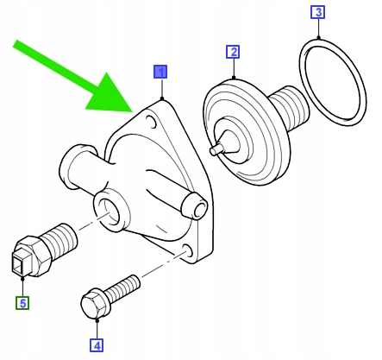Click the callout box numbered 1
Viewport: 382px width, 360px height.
pyautogui.click(x=160, y=72)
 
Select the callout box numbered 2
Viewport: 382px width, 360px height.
pyautogui.click(x=233, y=52)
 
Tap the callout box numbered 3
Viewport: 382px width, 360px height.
pyautogui.click(x=318, y=12)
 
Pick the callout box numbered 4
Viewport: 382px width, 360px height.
pyautogui.click(x=97, y=345)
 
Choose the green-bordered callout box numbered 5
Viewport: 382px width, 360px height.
pyautogui.click(x=22, y=303)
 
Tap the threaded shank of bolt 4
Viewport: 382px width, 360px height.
pyautogui.click(x=123, y=287)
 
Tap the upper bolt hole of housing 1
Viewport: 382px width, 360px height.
pyautogui.click(x=152, y=122)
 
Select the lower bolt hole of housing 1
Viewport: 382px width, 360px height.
pyautogui.click(x=188, y=250)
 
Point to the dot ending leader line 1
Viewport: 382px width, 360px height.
pyautogui.click(x=162, y=98)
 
